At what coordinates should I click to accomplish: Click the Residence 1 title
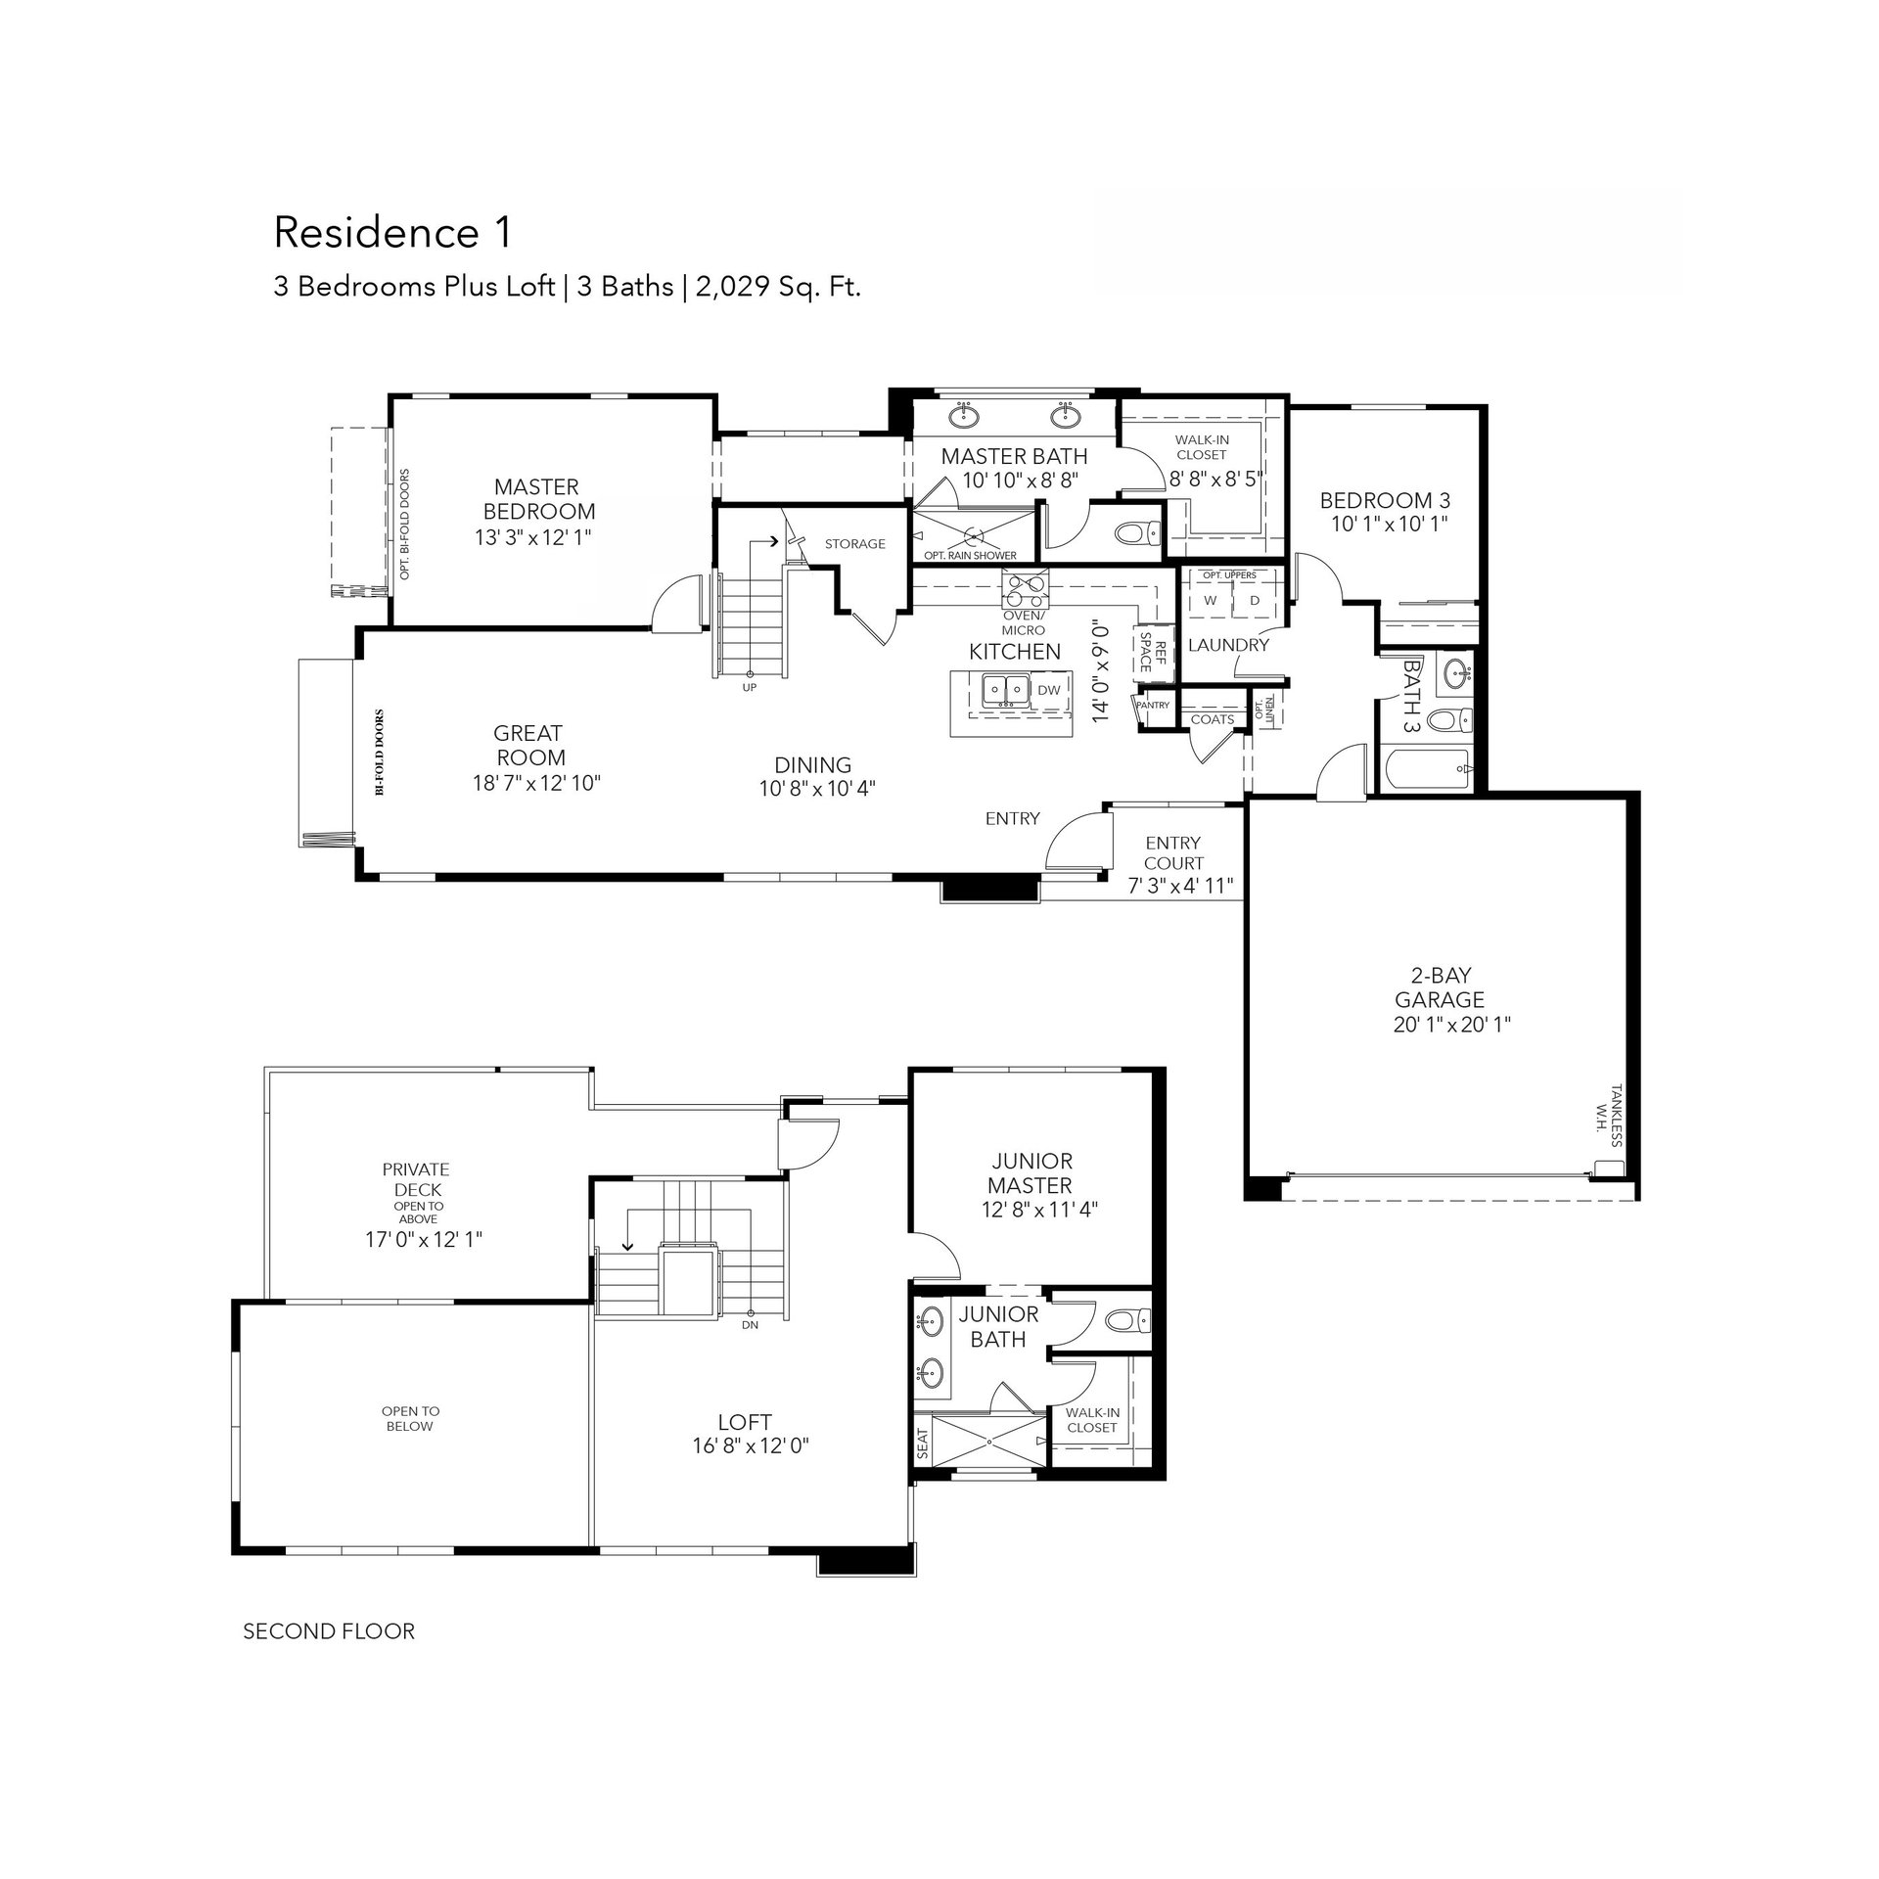click(x=392, y=233)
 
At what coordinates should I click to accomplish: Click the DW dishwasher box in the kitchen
click(x=1048, y=690)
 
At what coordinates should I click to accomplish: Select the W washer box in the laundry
click(x=1211, y=601)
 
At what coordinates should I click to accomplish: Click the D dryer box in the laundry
click(x=1255, y=601)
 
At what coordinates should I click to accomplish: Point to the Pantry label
click(x=1153, y=705)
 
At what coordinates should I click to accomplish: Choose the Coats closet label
click(x=1213, y=719)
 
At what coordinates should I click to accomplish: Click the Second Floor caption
click(x=329, y=1631)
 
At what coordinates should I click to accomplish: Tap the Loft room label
click(x=745, y=1422)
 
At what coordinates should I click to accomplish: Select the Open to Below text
click(x=411, y=1419)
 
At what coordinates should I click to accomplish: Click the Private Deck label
click(x=416, y=1179)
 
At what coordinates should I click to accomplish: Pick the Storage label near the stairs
click(x=854, y=544)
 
